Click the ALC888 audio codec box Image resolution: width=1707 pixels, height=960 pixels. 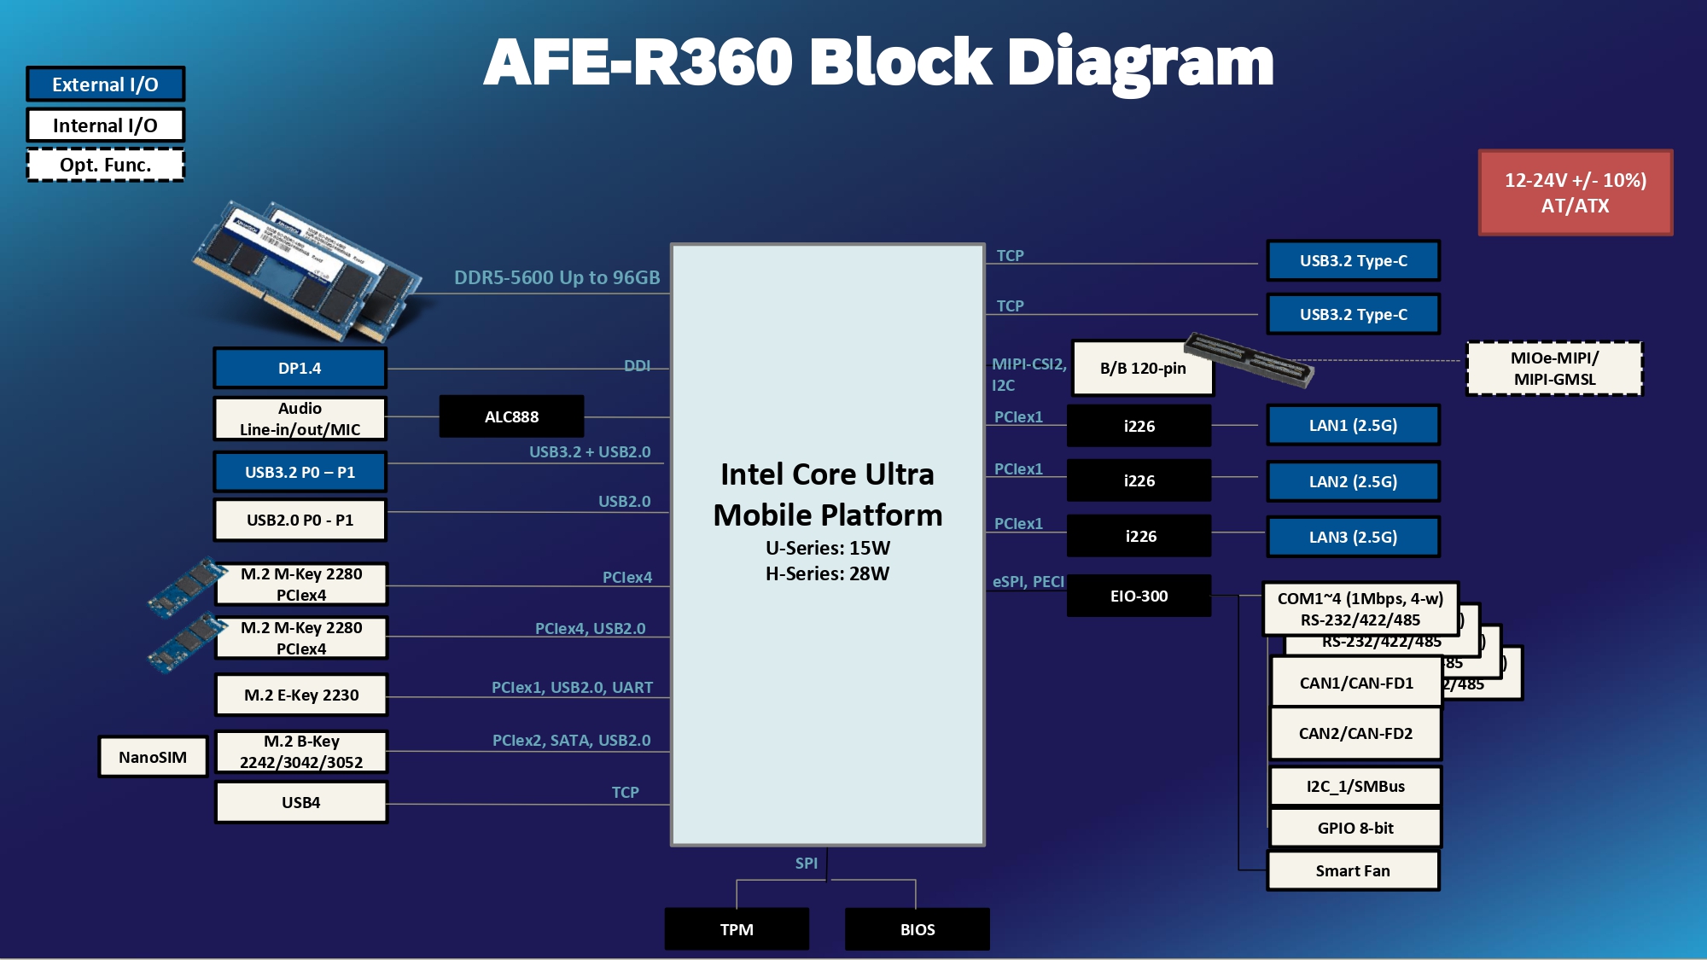coord(511,416)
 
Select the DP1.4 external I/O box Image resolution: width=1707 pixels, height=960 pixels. coord(300,368)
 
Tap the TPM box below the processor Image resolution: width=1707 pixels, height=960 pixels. coord(737,929)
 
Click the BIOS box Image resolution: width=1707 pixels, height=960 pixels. coord(918,929)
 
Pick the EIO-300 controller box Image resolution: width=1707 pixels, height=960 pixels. coord(1139,596)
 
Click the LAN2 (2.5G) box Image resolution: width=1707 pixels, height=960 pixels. coord(1353,481)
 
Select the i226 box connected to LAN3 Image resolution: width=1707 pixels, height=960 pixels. coord(1140,536)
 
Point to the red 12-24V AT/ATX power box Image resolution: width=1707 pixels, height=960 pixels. coord(1575,193)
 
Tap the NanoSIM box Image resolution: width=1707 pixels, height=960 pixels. coord(153,757)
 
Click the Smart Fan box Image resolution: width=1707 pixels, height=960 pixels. coord(1353,870)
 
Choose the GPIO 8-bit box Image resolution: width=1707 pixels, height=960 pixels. coord(1355,828)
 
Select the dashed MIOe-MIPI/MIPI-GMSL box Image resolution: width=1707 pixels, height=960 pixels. coord(1554,369)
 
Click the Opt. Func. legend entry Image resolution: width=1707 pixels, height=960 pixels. coord(105,165)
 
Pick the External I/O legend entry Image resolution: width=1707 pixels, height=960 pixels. coord(105,84)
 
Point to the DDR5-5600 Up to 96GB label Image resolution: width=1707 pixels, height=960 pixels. coord(556,277)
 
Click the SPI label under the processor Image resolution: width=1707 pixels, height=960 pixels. coord(806,863)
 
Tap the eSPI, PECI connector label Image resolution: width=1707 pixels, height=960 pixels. coord(1028,581)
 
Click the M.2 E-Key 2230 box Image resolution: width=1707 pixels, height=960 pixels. coord(301,695)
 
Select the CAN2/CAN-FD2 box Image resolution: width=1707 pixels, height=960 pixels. coord(1355,733)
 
